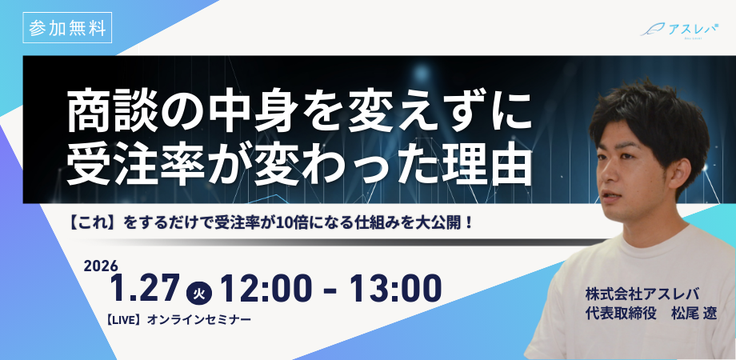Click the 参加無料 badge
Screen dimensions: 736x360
(x=67, y=28)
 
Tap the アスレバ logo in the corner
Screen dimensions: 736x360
(x=680, y=29)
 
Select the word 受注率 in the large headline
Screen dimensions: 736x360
(x=136, y=166)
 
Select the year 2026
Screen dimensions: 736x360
(x=101, y=266)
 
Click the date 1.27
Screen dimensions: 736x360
(x=145, y=288)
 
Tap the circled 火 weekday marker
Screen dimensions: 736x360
(x=199, y=294)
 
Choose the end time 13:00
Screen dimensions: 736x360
(x=395, y=288)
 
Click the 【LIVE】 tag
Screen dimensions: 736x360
(x=124, y=320)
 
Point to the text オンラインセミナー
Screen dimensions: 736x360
(x=199, y=320)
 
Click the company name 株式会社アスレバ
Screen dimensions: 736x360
(x=642, y=294)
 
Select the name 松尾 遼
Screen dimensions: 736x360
(x=694, y=313)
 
